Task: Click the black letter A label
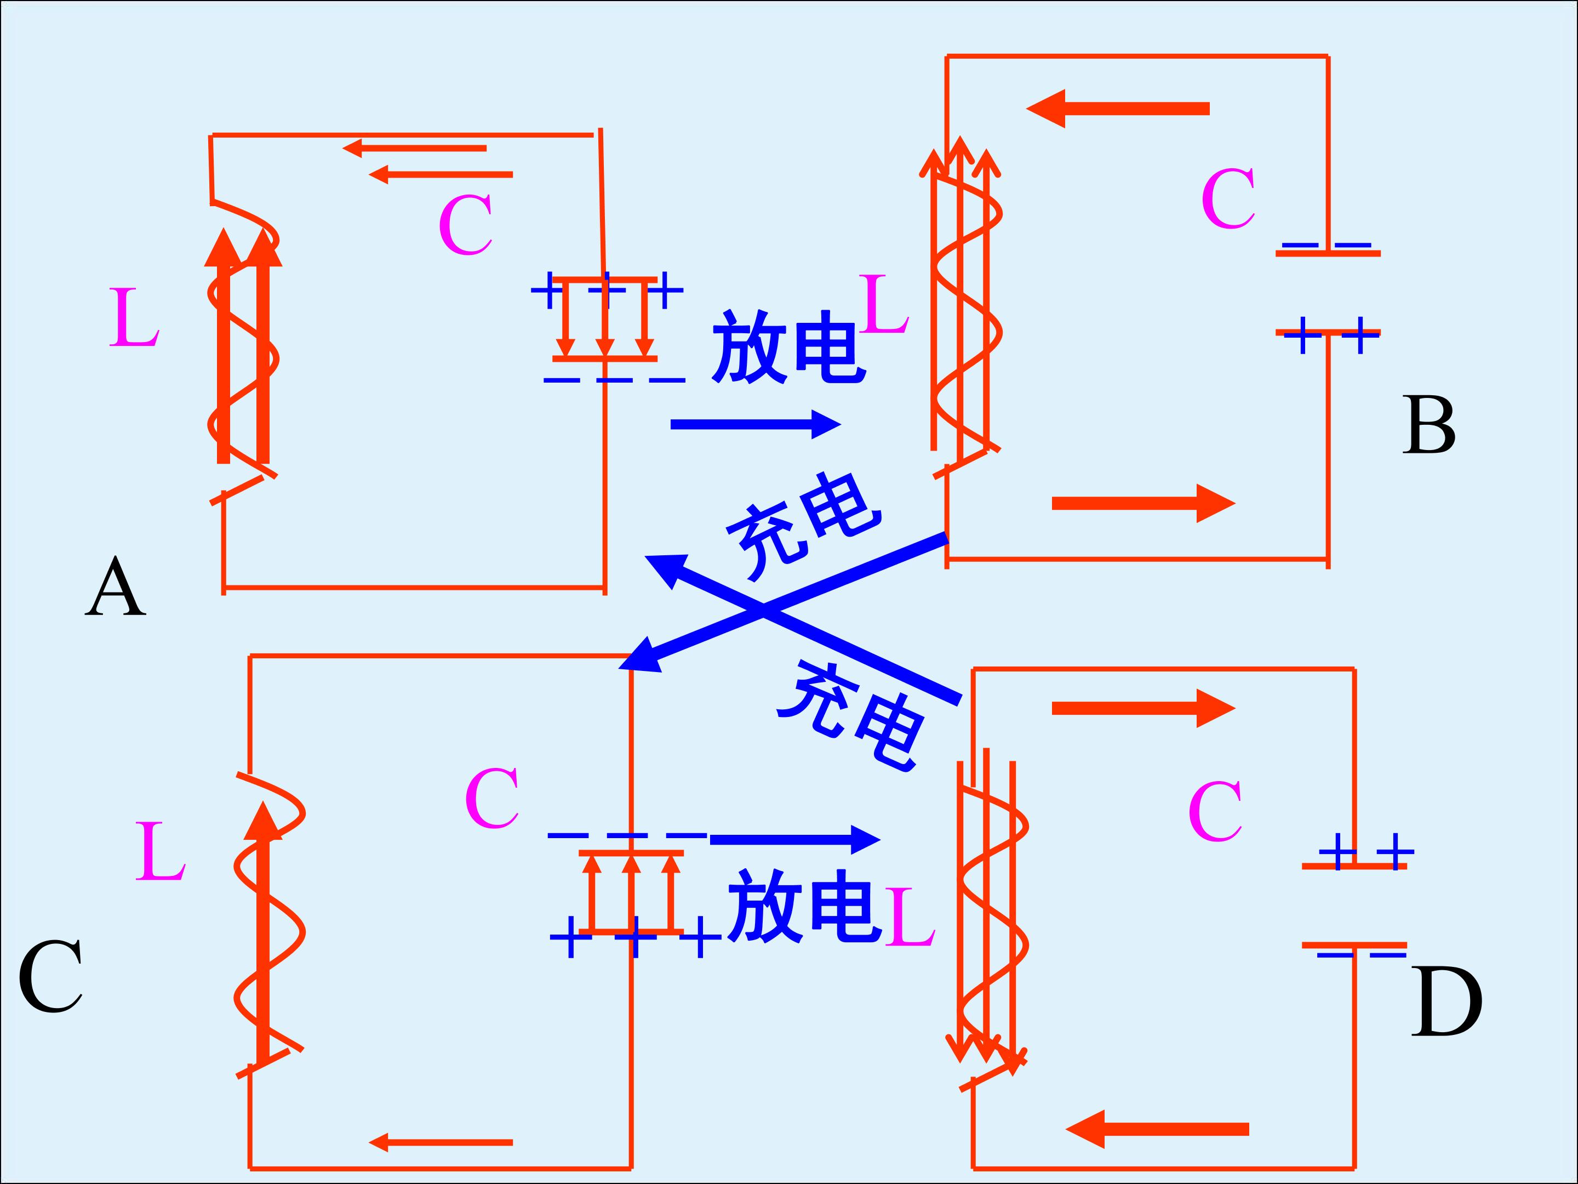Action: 116,588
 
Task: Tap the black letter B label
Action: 1429,425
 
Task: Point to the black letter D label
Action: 1447,1002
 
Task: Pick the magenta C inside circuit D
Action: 1215,811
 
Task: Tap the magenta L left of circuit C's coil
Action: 161,851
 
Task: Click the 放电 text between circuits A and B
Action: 788,348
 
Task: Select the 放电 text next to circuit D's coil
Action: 803,907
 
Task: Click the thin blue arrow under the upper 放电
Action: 755,425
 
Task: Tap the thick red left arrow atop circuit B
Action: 1117,109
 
